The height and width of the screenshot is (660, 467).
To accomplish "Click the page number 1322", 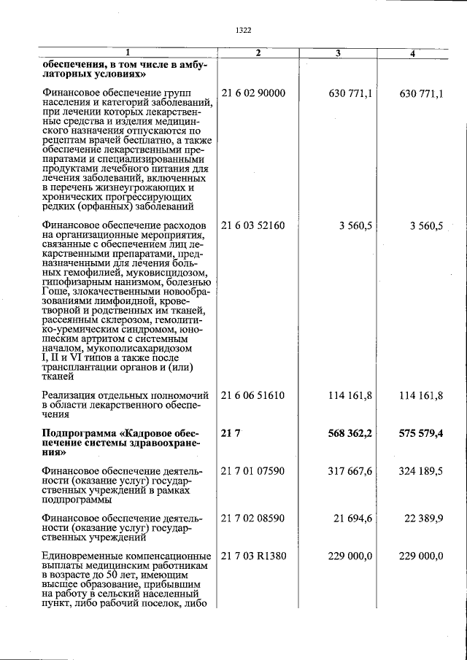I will click(244, 30).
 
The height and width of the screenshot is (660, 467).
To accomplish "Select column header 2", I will click(258, 53).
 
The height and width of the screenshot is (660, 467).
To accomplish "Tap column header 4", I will click(412, 53).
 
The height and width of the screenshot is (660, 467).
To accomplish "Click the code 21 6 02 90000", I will click(252, 93).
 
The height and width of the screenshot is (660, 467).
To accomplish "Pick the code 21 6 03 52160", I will click(252, 226).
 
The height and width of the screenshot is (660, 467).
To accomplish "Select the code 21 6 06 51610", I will click(252, 395).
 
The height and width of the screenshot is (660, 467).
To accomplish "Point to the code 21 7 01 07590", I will click(252, 472).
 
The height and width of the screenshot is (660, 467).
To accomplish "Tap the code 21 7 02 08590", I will click(252, 518).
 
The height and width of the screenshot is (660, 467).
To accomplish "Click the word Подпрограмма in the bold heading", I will click(79, 433).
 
